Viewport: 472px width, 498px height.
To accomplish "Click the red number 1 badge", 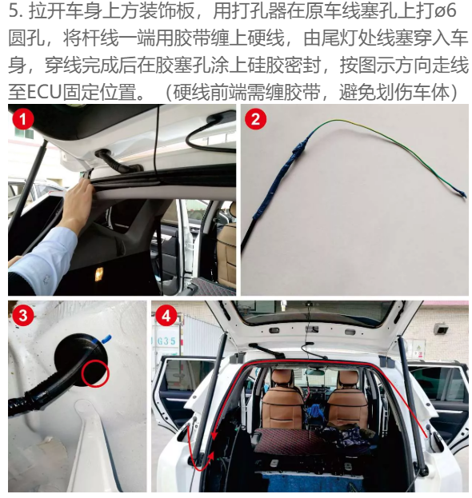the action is [x=22, y=119].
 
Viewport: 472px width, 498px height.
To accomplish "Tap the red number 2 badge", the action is [x=255, y=119].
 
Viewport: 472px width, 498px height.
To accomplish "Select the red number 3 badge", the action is [x=22, y=316].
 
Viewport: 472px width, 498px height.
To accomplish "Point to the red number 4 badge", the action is [x=166, y=316].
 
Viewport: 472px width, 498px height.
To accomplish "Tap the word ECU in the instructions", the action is [x=43, y=92].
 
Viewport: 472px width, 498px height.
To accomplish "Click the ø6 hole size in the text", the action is [x=446, y=12].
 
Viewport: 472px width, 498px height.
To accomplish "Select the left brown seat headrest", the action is [x=282, y=380].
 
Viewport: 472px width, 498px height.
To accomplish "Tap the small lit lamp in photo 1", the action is [x=99, y=273].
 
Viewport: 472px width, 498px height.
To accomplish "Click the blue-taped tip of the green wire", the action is [x=462, y=193].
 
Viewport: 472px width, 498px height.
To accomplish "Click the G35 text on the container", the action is [x=166, y=341].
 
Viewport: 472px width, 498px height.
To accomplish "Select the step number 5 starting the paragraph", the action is [x=14, y=12].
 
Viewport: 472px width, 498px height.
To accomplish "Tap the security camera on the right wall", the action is [x=442, y=329].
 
